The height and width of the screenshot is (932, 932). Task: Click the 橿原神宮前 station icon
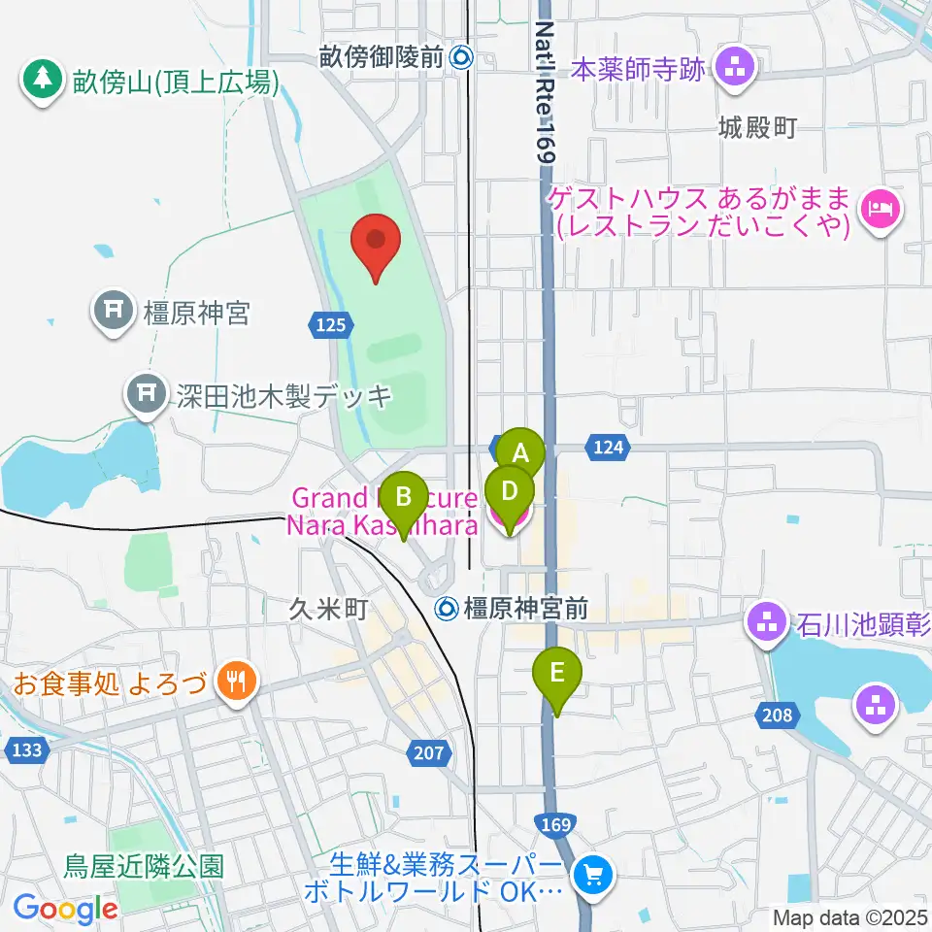point(448,609)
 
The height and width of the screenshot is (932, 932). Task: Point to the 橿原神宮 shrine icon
point(114,312)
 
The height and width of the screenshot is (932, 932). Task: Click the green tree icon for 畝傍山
point(41,79)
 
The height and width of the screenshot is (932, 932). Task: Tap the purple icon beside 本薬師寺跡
point(734,68)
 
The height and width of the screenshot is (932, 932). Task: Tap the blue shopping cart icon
point(591,877)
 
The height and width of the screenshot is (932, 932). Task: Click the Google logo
point(66,908)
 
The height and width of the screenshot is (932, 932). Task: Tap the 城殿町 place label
point(757,128)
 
